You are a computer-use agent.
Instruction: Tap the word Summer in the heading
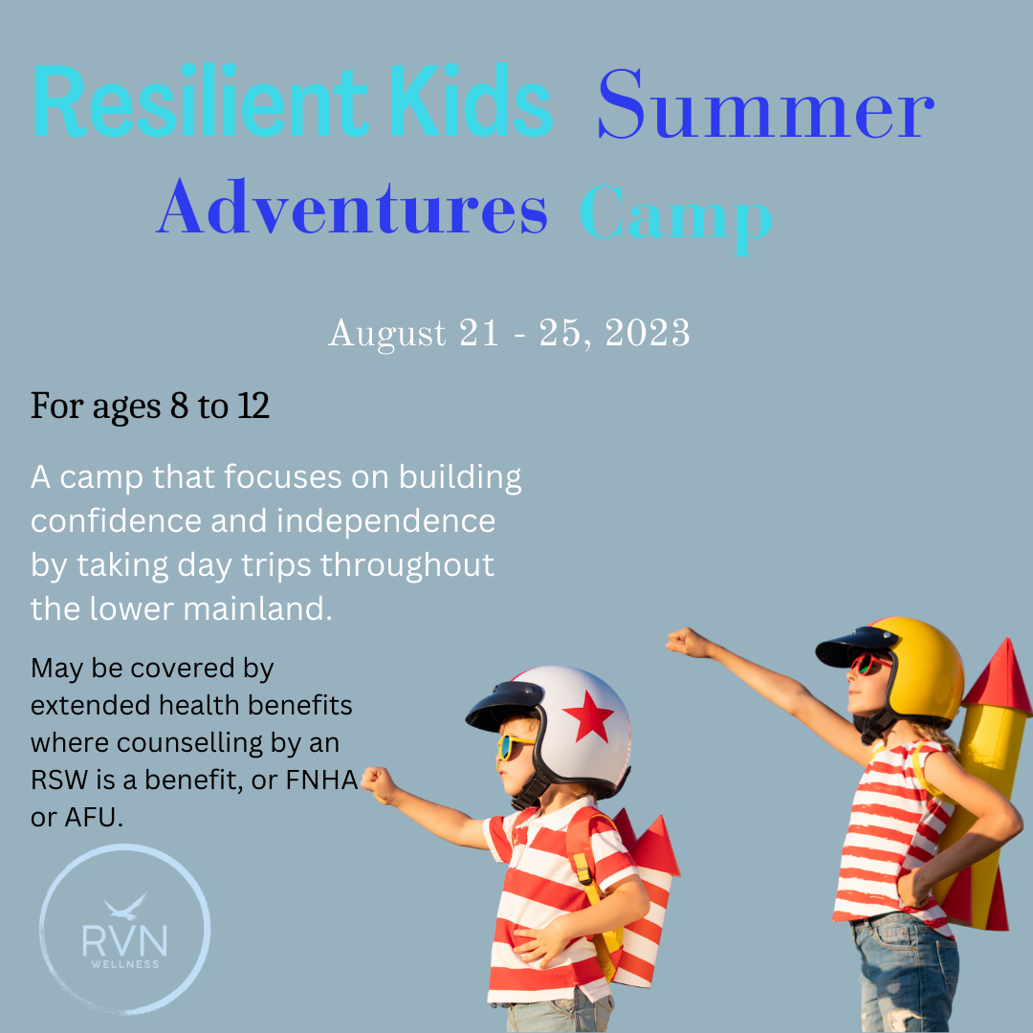[x=765, y=107]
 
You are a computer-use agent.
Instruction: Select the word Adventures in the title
[x=351, y=209]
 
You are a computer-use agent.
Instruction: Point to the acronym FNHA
[x=321, y=782]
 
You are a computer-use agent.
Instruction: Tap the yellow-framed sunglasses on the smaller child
[x=515, y=746]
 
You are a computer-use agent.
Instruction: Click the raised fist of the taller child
[x=683, y=642]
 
